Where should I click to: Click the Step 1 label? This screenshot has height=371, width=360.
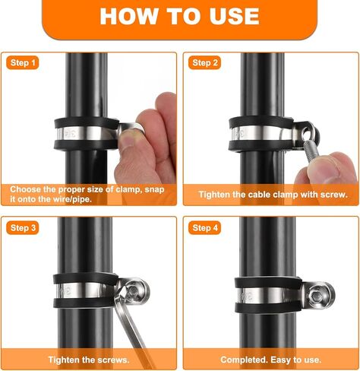[x=23, y=62]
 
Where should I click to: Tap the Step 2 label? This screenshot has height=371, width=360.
[x=205, y=62]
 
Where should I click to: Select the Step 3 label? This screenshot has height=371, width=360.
[x=23, y=227]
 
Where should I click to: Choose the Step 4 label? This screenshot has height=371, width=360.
[x=205, y=227]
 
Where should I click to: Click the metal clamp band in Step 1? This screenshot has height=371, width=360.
[x=84, y=135]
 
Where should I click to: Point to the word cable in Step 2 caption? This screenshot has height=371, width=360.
[x=264, y=195]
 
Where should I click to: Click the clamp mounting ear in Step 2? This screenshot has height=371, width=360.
[x=307, y=135]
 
